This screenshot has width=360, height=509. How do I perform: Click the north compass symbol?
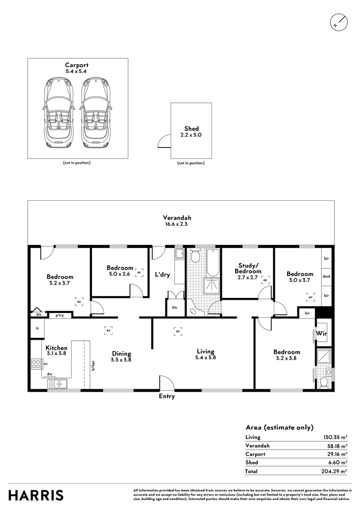339,23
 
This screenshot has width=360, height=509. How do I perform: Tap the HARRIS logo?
36,495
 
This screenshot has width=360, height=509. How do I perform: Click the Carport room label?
77,65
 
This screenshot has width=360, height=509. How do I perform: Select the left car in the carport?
58,113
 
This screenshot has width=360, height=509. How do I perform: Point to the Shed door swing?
164,141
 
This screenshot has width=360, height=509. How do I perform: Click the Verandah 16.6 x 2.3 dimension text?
177,224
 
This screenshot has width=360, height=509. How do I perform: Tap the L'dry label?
162,275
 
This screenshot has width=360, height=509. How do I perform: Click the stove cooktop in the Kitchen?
37,364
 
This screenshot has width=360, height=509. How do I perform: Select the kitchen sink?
57,384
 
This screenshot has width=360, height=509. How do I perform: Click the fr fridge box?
37,328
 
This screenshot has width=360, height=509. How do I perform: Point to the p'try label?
59,315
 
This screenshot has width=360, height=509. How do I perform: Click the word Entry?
167,396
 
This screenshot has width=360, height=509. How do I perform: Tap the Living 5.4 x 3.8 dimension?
205,357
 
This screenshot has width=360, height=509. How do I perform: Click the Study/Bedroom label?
248,269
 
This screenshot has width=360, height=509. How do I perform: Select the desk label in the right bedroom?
327,276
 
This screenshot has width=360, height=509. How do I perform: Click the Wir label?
321,333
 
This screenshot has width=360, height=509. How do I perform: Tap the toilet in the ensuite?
324,382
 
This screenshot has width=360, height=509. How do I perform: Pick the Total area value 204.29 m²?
335,471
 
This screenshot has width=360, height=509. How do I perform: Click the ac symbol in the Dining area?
109,330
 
